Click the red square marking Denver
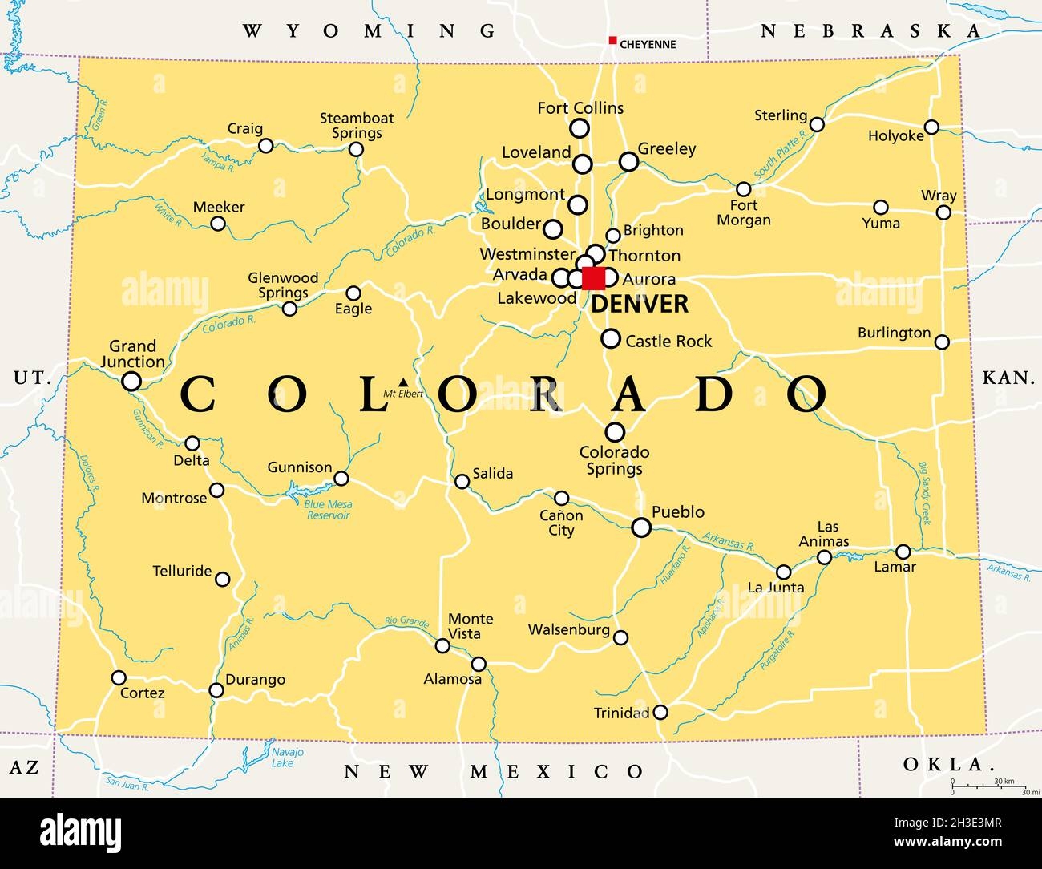pyautogui.click(x=594, y=278)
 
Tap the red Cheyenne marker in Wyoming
pyautogui.click(x=612, y=41)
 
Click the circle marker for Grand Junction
pyautogui.click(x=131, y=381)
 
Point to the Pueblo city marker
pyautogui.click(x=641, y=527)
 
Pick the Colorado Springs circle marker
pyautogui.click(x=615, y=432)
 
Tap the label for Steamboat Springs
pyautogui.click(x=357, y=126)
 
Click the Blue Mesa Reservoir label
pyautogui.click(x=328, y=510)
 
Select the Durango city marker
pyautogui.click(x=216, y=690)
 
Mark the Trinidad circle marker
pyautogui.click(x=660, y=712)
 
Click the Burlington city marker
pyautogui.click(x=942, y=342)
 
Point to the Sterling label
pyautogui.click(x=780, y=115)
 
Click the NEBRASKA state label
pyautogui.click(x=870, y=31)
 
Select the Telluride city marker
pyautogui.click(x=223, y=579)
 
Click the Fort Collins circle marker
pyautogui.click(x=579, y=128)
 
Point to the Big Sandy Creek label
pyautogui.click(x=925, y=493)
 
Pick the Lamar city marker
pyautogui.click(x=903, y=552)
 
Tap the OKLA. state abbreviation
pyautogui.click(x=943, y=764)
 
